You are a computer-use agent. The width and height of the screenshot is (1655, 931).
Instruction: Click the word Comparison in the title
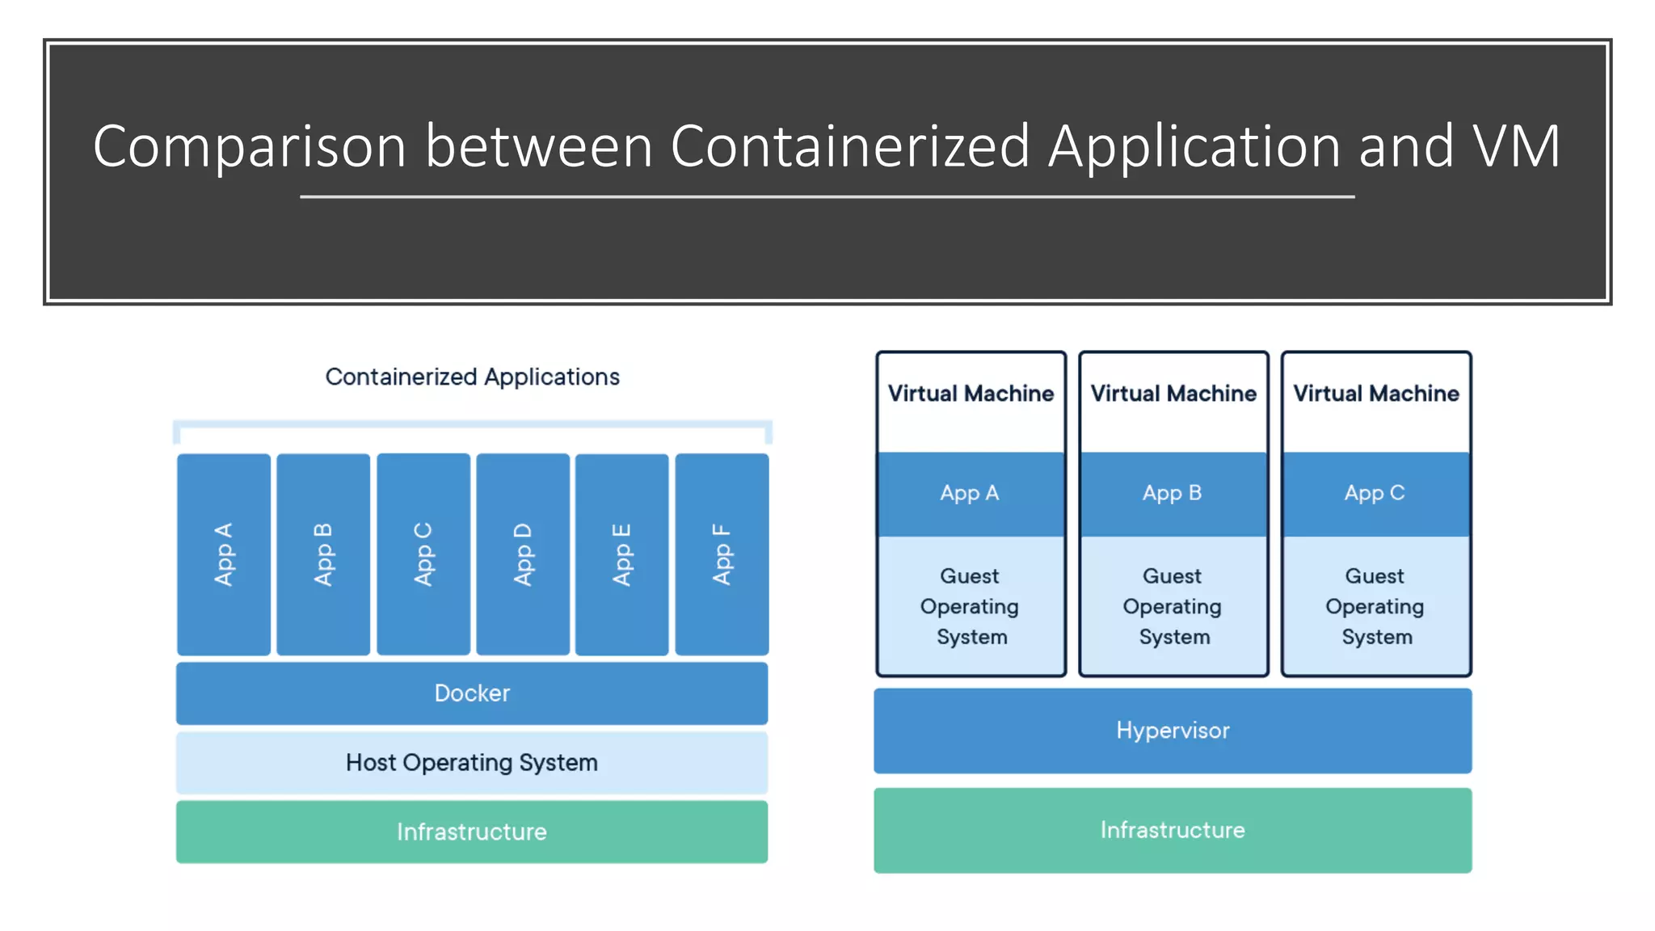249,147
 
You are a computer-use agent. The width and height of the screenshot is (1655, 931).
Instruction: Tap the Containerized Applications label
472,377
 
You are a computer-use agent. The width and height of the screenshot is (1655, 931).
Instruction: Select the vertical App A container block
224,554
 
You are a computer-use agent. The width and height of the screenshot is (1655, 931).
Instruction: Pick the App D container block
523,554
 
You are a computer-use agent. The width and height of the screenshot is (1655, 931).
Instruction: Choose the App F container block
722,554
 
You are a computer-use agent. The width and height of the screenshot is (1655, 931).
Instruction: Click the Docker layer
472,693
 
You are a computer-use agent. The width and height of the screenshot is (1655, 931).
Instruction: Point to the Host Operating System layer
472,763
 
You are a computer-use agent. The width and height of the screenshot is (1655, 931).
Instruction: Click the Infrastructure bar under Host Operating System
472,832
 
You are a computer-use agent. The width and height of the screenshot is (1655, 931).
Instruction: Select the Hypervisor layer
1173,731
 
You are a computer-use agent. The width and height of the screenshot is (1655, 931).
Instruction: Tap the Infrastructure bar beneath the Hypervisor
1173,830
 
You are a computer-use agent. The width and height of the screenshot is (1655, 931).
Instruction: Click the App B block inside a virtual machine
1173,493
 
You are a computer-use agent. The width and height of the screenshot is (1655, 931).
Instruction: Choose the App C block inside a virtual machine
1375,493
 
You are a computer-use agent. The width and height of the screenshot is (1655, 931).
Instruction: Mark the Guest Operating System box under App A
971,606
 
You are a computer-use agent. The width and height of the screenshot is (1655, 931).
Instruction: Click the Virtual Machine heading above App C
1376,394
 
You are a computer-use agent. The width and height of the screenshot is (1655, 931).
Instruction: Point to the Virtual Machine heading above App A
971,394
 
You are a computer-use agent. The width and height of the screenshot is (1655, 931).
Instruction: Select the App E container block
621,554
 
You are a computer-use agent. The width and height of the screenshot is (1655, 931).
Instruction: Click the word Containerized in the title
850,147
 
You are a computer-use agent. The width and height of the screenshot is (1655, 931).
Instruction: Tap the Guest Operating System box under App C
1375,606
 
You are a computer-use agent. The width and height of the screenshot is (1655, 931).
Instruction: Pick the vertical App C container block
423,554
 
